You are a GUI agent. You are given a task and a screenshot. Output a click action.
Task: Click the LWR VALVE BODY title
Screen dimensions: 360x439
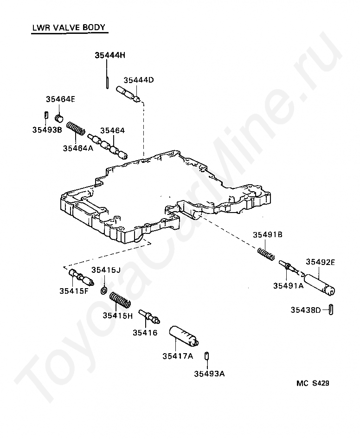(69, 27)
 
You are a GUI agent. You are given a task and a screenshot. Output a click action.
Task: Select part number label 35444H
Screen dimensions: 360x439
(110, 55)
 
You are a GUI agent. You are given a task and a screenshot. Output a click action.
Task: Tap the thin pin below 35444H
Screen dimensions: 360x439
(107, 83)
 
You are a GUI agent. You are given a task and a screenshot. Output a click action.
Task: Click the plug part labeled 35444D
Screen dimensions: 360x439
(128, 94)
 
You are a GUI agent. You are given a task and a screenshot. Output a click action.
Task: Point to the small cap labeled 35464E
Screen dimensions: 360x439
(59, 118)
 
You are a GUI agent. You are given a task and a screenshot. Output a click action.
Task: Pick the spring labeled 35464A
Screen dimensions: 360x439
(76, 129)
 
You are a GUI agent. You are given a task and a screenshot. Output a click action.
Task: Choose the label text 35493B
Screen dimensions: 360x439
(47, 130)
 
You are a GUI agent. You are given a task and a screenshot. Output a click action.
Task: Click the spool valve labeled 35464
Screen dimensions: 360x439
(108, 147)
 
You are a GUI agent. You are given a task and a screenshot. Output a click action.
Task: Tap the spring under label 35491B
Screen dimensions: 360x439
(266, 254)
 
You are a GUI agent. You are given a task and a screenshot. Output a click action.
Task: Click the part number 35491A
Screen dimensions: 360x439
(289, 285)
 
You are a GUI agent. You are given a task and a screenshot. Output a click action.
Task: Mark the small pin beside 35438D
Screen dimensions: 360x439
(331, 310)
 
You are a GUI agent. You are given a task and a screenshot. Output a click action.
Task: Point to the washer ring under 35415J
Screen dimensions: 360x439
(103, 291)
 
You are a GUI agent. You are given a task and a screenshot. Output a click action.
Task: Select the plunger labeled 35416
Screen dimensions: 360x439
(149, 316)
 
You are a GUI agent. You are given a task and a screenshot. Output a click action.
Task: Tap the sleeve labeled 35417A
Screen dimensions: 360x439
(184, 336)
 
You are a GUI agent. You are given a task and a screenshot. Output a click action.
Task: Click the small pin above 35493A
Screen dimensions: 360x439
(207, 356)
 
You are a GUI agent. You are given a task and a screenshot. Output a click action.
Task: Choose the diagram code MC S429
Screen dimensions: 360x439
(313, 383)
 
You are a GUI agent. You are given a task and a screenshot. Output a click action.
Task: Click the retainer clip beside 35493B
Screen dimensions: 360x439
(46, 115)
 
